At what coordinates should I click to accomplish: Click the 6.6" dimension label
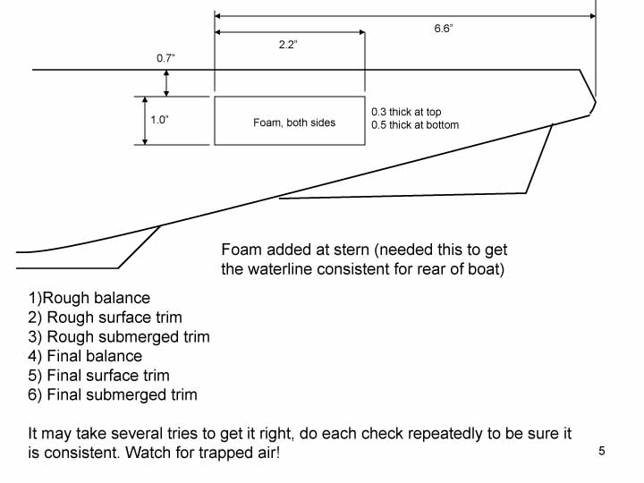tap(445, 29)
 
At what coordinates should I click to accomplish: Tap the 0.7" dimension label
tap(165, 58)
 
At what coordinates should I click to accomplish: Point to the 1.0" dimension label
tap(159, 119)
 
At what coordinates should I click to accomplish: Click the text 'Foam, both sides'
tap(294, 122)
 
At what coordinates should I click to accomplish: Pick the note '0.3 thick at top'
tap(407, 112)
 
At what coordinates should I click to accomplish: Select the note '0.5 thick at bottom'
tap(415, 125)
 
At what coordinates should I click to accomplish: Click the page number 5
tap(602, 451)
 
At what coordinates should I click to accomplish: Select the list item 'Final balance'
tap(94, 356)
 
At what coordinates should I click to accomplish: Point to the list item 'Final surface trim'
tap(107, 376)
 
